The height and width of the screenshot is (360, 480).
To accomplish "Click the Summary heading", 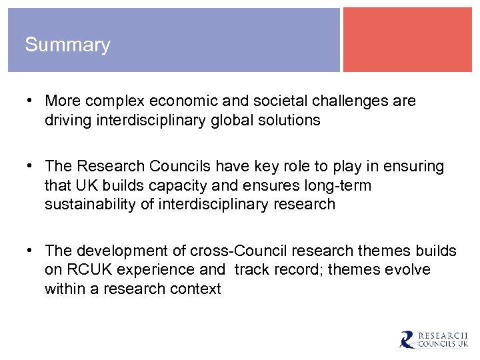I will (x=67, y=45).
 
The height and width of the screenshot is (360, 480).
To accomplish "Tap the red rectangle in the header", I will (x=407, y=39).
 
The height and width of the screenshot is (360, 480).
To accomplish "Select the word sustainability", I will (x=93, y=204).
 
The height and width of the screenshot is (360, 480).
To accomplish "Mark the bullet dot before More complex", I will (x=31, y=101).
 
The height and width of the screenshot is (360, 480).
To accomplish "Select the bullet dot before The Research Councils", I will (x=31, y=166).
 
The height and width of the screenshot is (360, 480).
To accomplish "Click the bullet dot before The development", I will (x=31, y=251).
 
